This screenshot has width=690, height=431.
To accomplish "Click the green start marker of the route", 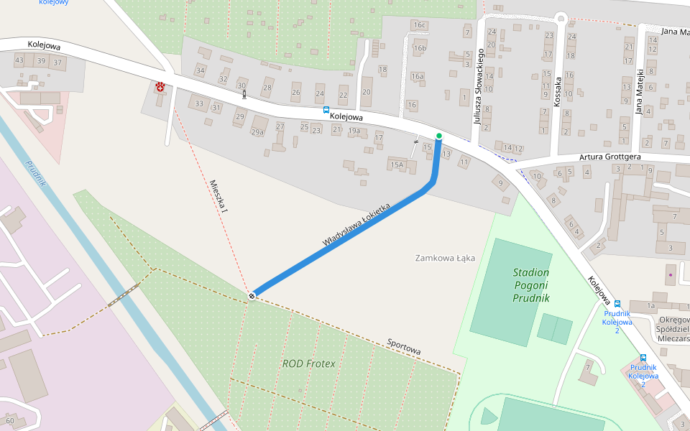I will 439,136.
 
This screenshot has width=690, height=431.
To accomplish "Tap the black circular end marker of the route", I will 252,296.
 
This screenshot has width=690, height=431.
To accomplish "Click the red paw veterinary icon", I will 160,87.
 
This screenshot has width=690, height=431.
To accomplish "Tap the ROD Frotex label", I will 308,363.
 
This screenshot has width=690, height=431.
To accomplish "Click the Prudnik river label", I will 36,173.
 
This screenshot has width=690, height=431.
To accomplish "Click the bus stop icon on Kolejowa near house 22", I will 326,110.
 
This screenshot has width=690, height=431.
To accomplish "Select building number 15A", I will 397,165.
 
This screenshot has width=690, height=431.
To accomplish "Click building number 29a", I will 257,132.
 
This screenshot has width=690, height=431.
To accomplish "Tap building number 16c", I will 420,26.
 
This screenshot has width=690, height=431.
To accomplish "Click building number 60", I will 9,420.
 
